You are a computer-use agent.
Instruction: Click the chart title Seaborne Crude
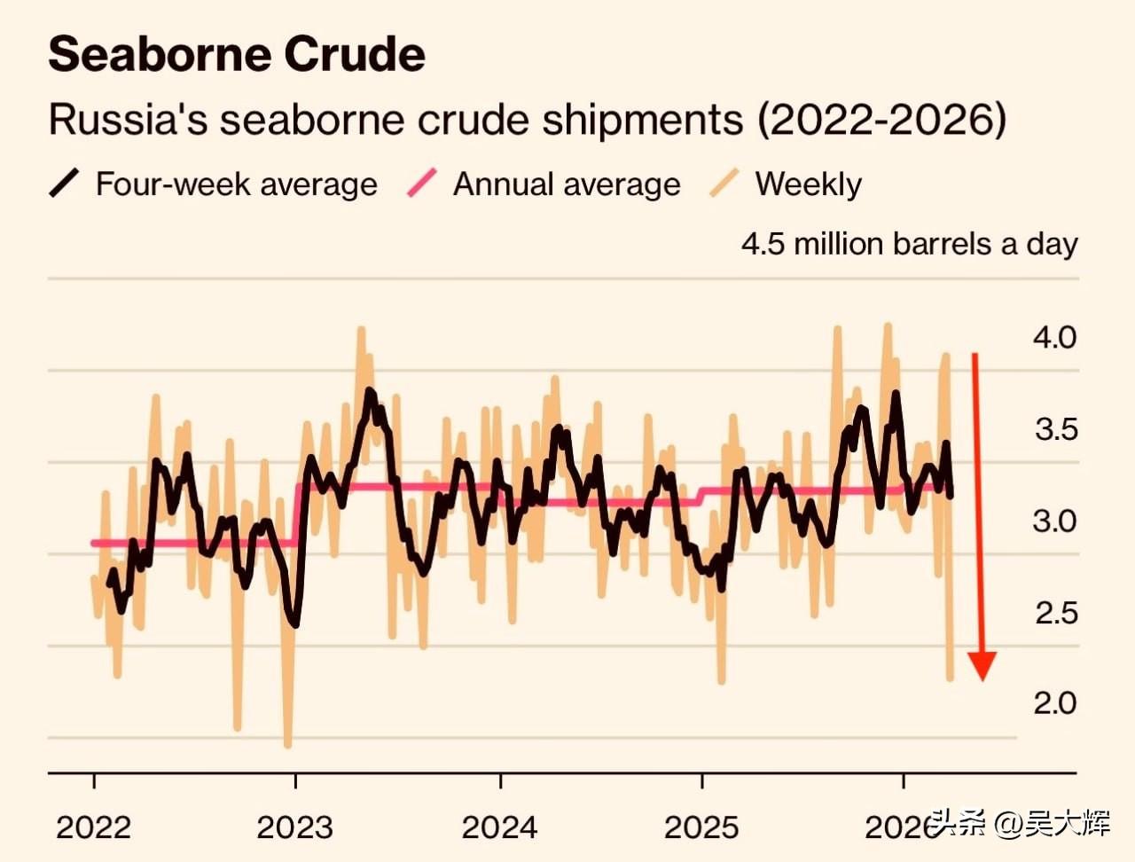click(x=237, y=55)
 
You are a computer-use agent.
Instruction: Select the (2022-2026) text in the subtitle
click(x=881, y=120)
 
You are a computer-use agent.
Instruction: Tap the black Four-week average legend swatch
click(x=65, y=184)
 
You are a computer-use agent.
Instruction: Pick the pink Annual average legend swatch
click(x=422, y=184)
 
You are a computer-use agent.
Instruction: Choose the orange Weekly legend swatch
click(x=724, y=184)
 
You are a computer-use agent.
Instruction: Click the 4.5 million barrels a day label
click(x=909, y=244)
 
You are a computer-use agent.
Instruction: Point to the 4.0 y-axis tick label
click(x=1054, y=337)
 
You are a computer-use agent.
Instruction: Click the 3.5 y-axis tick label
click(x=1055, y=429)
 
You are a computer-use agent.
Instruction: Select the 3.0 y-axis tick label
click(x=1054, y=521)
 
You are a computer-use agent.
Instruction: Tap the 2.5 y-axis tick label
click(x=1055, y=613)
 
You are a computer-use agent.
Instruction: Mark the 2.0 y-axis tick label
click(x=1054, y=703)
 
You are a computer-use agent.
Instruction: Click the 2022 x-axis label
click(x=93, y=827)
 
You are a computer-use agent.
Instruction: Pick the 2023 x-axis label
click(x=294, y=827)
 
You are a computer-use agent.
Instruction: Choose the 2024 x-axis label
click(x=499, y=827)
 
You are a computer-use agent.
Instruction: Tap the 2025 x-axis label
click(x=701, y=827)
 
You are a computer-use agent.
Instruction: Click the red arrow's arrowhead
click(x=982, y=665)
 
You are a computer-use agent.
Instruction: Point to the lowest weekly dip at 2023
click(x=287, y=743)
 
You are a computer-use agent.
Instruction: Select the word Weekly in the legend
click(x=808, y=184)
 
